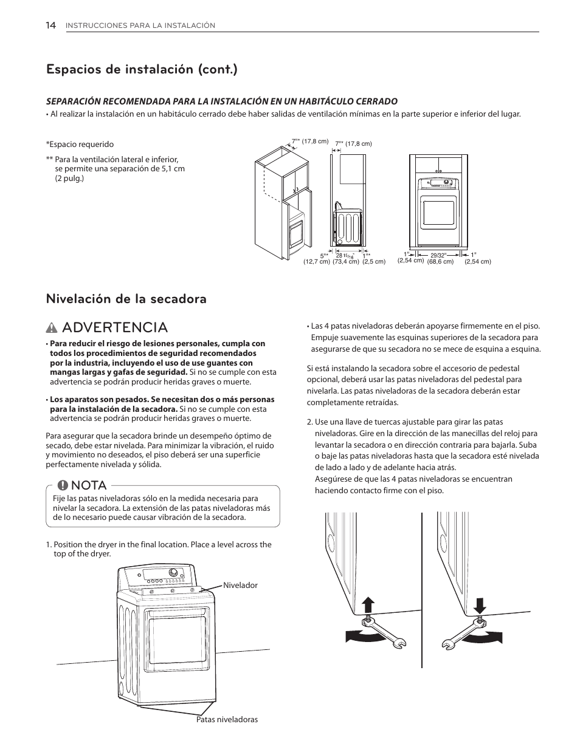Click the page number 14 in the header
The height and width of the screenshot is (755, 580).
click(x=51, y=25)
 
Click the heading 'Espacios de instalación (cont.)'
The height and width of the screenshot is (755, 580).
click(x=142, y=69)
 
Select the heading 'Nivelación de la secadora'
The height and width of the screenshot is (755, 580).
click(x=126, y=299)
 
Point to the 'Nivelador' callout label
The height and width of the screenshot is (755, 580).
click(x=240, y=586)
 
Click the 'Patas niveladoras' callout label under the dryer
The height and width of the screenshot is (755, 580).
click(x=227, y=719)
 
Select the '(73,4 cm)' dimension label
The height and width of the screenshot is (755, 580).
click(x=345, y=262)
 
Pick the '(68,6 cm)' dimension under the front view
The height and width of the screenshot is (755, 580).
click(x=440, y=262)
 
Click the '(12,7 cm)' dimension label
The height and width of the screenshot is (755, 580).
click(x=316, y=262)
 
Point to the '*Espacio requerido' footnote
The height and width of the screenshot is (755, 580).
click(x=80, y=145)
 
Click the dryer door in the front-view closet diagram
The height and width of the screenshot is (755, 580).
click(x=438, y=214)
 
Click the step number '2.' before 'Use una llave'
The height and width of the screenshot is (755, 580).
click(x=310, y=422)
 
